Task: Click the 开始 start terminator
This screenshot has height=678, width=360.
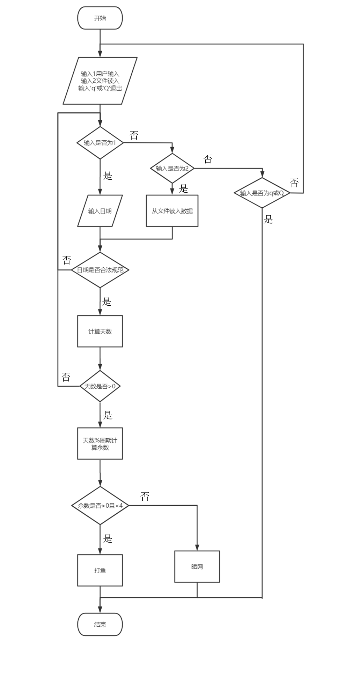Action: [100, 18]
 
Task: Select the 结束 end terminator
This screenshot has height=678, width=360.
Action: [100, 624]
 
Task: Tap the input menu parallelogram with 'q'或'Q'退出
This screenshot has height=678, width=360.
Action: [100, 81]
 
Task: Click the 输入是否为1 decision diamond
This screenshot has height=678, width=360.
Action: [100, 143]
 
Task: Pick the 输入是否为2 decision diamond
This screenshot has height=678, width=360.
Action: [172, 169]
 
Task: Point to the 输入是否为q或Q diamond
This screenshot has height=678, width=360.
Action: [262, 193]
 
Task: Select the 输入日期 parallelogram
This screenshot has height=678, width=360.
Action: [100, 211]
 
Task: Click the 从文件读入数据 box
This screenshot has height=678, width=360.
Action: [172, 211]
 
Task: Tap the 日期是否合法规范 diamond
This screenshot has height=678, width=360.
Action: [100, 270]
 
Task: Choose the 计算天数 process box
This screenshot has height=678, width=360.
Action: [100, 331]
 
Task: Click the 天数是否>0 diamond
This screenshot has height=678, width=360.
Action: [100, 386]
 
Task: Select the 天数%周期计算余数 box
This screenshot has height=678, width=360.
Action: [100, 444]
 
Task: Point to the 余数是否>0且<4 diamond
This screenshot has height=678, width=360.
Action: [100, 506]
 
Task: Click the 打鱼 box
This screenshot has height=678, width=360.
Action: [100, 570]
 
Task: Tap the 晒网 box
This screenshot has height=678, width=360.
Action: [197, 567]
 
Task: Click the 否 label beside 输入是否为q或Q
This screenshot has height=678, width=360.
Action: [294, 182]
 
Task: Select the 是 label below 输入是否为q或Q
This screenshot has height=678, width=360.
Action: [268, 219]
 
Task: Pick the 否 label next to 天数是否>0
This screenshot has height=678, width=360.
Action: [66, 377]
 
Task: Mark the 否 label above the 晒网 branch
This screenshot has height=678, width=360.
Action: [145, 497]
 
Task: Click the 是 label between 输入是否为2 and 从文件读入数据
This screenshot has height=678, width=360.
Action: [184, 189]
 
